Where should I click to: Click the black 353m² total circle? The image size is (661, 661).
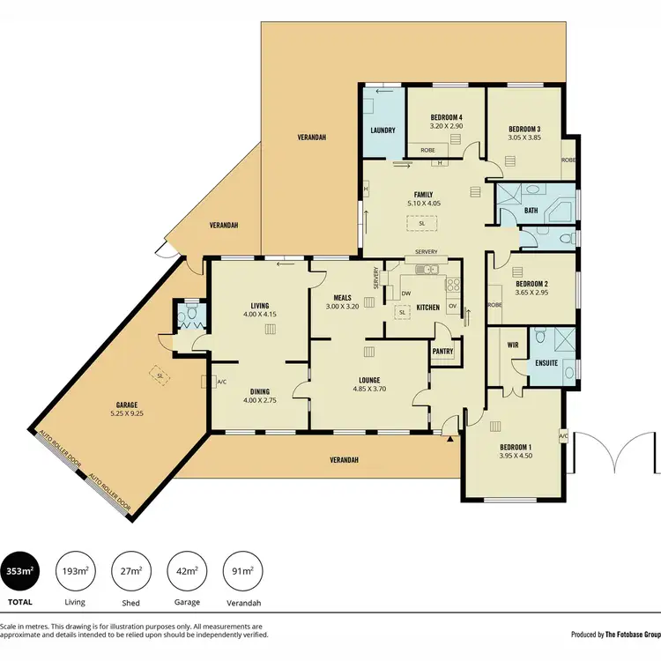tap(19, 572)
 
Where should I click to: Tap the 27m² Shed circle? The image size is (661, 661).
tap(130, 572)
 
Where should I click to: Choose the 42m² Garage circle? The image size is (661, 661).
tap(185, 572)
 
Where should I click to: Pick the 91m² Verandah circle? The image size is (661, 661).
tap(241, 572)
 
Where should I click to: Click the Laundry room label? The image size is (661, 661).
tap(381, 130)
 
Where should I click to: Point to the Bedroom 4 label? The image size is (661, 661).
tap(446, 117)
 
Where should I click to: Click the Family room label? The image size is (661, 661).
tap(423, 195)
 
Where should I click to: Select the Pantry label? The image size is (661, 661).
tap(442, 351)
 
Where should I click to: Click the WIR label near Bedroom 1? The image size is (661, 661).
tap(513, 345)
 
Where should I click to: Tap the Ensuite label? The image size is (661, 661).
tap(546, 362)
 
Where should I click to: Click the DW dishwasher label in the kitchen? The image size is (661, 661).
tap(406, 293)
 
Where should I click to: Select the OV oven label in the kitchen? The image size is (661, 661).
tap(452, 306)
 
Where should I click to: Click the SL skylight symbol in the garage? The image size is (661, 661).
tap(160, 375)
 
